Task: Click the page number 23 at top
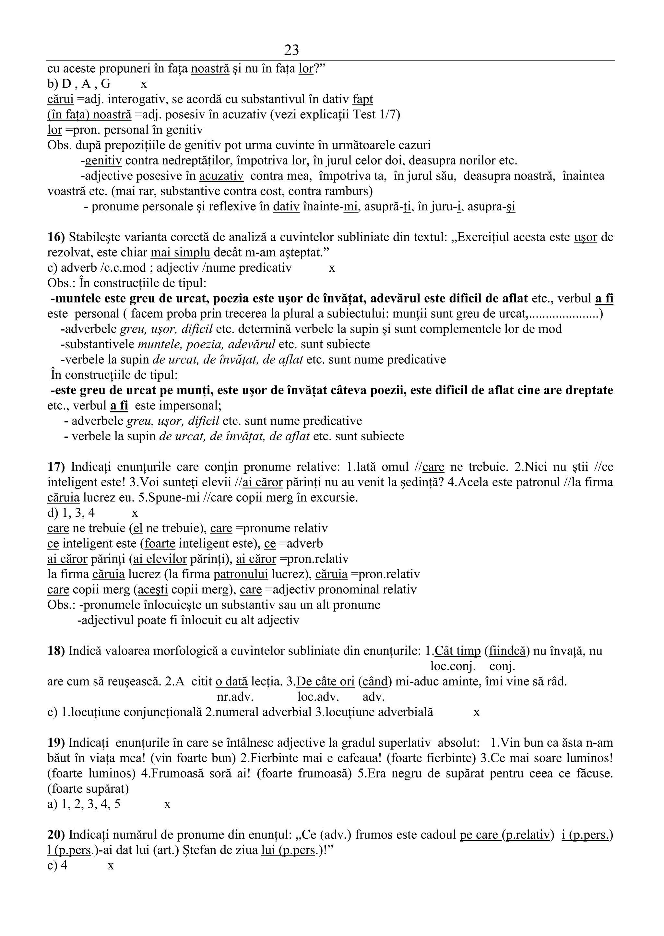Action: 291,50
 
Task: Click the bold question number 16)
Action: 56,237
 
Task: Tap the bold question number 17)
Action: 56,467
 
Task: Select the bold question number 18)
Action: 56,651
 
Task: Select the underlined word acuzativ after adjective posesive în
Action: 221,176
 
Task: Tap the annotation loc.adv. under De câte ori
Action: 318,697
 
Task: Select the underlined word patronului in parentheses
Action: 241,574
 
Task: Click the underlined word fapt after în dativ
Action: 363,99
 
